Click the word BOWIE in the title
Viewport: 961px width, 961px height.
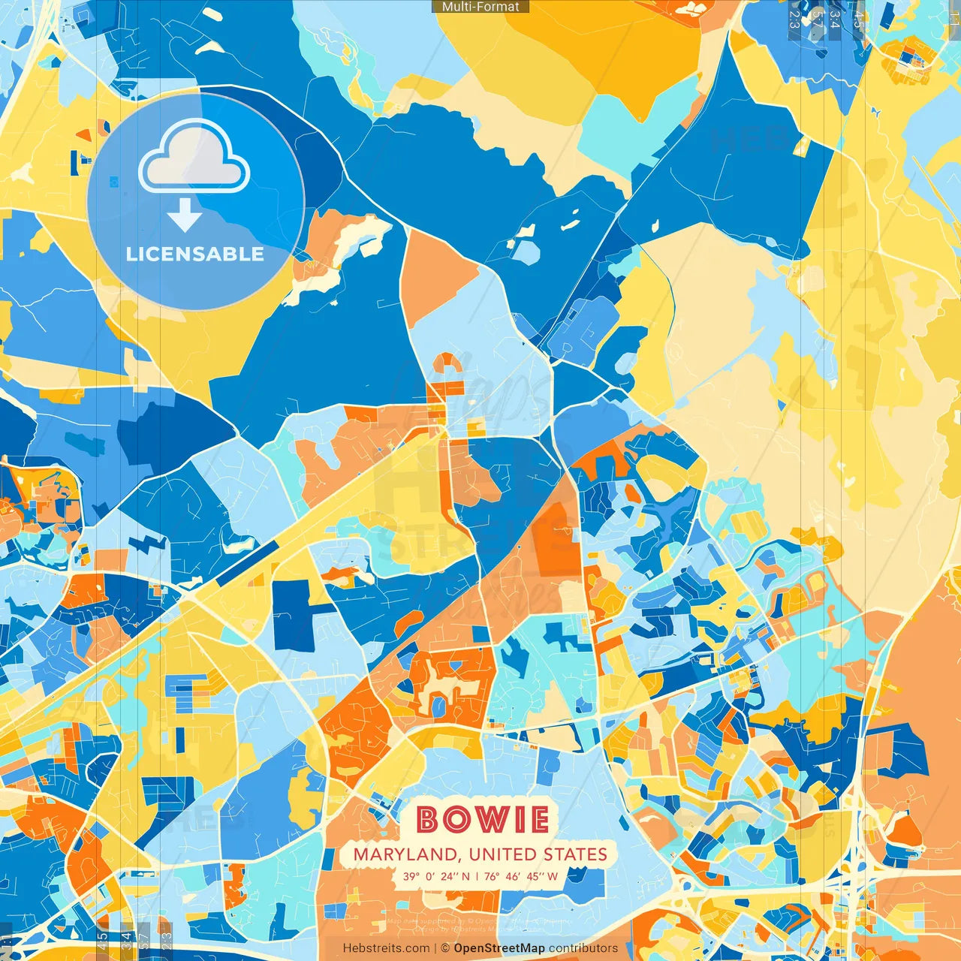point(482,819)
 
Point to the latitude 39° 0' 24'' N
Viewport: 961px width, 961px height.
point(436,876)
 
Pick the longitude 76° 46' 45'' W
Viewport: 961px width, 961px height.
point(521,876)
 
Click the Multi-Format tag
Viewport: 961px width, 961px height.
point(480,7)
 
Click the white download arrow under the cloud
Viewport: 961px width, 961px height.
point(185,215)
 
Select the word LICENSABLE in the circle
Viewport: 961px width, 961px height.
point(195,254)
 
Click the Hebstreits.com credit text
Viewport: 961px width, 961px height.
point(386,948)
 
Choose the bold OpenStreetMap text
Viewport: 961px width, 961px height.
point(499,948)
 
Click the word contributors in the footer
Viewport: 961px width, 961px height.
point(583,948)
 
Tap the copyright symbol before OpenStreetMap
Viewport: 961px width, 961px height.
point(445,948)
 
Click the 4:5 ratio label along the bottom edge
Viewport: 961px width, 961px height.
point(103,941)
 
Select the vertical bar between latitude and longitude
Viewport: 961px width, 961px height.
point(477,876)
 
